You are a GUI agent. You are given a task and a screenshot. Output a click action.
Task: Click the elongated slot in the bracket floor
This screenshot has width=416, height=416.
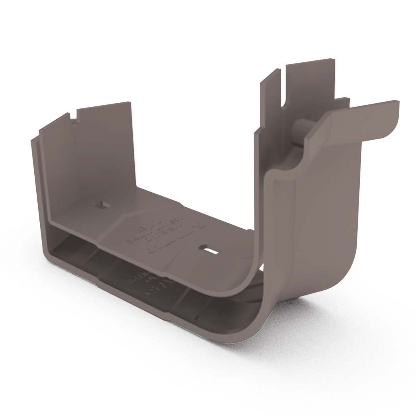pyautogui.click(x=208, y=249)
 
